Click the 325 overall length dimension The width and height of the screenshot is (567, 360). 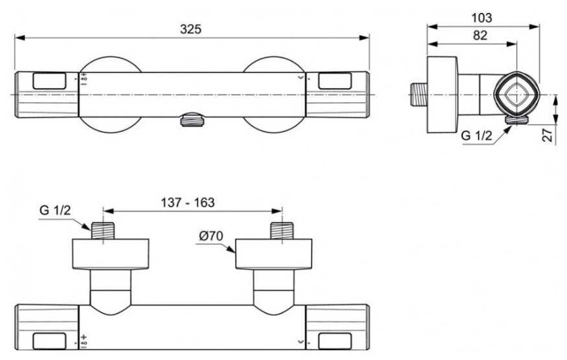(190, 29)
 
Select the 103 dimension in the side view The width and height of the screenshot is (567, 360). (482, 17)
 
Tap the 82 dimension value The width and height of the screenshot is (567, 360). (480, 35)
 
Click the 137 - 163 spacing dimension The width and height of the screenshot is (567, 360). (188, 202)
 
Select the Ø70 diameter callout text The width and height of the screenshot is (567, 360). (211, 236)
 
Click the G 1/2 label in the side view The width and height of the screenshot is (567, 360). (477, 136)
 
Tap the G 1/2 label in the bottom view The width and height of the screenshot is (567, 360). (55, 210)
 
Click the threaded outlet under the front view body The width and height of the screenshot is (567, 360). (192, 120)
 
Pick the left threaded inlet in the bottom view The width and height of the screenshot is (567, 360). (103, 231)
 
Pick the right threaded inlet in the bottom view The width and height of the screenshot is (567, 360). (282, 231)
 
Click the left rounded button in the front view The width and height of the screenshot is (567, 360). (50, 81)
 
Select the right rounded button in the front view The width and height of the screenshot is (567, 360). (335, 81)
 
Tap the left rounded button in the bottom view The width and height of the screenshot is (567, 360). (50, 342)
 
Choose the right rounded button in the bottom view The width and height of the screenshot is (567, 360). (335, 342)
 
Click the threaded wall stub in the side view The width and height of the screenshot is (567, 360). (419, 95)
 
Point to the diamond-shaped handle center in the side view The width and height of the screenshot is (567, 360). (517, 95)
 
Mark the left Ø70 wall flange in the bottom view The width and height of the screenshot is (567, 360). (111, 254)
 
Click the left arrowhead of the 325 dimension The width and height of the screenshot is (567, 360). (19, 38)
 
